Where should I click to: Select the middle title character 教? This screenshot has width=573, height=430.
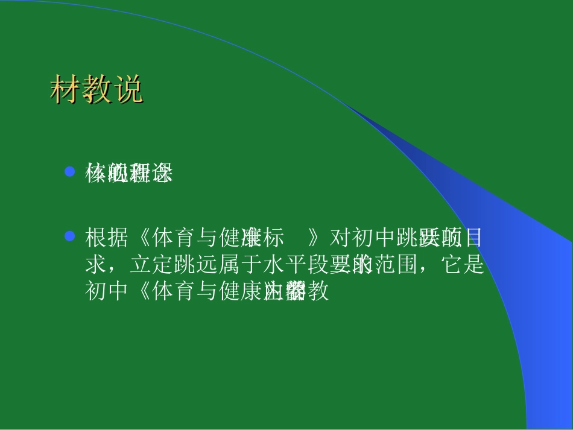[x=97, y=91]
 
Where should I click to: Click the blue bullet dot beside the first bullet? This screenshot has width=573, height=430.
[x=69, y=172]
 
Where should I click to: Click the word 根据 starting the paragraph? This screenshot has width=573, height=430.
[x=107, y=239]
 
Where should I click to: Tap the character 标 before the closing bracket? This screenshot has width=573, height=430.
[x=273, y=239]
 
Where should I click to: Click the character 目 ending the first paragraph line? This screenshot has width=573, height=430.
[x=474, y=239]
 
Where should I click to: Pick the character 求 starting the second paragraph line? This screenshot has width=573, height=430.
[x=96, y=265]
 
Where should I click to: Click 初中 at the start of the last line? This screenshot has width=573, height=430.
[x=107, y=292]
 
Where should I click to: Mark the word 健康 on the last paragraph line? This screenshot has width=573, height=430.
[x=239, y=292]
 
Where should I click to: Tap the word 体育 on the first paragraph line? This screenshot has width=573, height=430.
[x=173, y=239]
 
